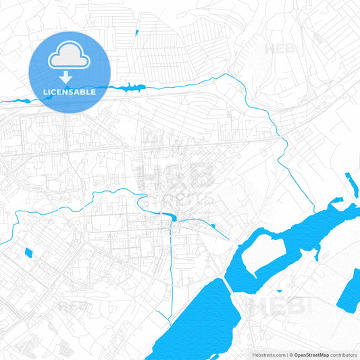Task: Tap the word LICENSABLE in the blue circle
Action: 70,92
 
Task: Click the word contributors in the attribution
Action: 344,355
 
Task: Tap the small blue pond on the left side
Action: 28,253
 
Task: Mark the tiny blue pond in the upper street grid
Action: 136,32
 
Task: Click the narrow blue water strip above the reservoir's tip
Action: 351,185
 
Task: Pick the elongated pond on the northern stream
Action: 132,87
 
